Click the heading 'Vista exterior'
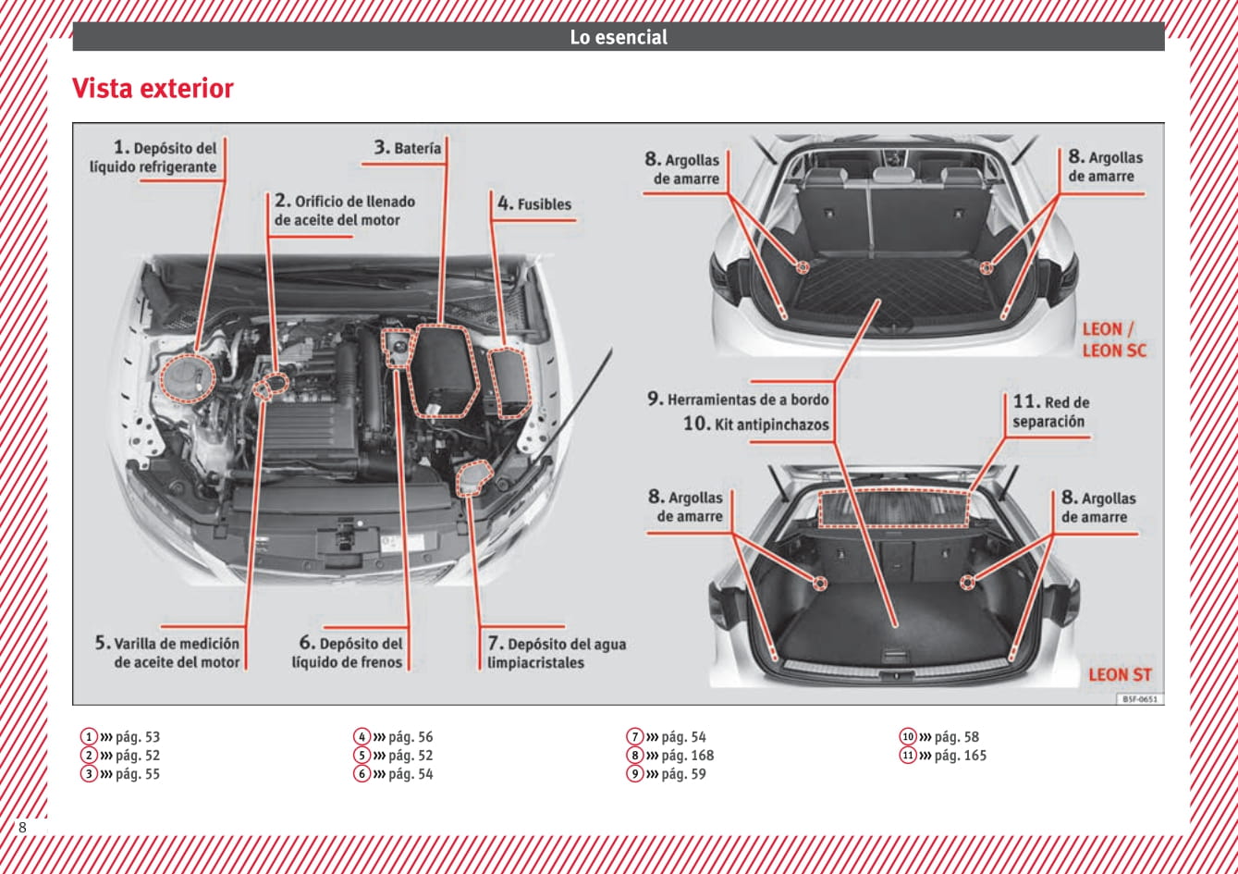pyautogui.click(x=153, y=89)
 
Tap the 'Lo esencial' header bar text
pyautogui.click(x=618, y=37)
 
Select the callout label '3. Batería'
pyautogui.click(x=408, y=148)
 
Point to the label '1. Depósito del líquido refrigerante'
pyautogui.click(x=154, y=157)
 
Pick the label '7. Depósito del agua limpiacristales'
pyautogui.click(x=557, y=653)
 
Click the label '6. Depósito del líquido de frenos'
pyautogui.click(x=348, y=652)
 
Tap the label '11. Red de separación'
pyautogui.click(x=1050, y=412)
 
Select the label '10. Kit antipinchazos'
pyautogui.click(x=756, y=425)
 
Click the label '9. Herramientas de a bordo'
pyautogui.click(x=738, y=400)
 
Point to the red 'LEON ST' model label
pyautogui.click(x=1120, y=674)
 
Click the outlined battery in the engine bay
pyautogui.click(x=445, y=370)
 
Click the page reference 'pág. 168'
pyautogui.click(x=687, y=756)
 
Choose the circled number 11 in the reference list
pyautogui.click(x=908, y=756)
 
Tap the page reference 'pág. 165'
pyautogui.click(x=960, y=756)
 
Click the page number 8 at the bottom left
pyautogui.click(x=22, y=827)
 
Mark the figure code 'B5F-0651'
pyautogui.click(x=1140, y=699)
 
